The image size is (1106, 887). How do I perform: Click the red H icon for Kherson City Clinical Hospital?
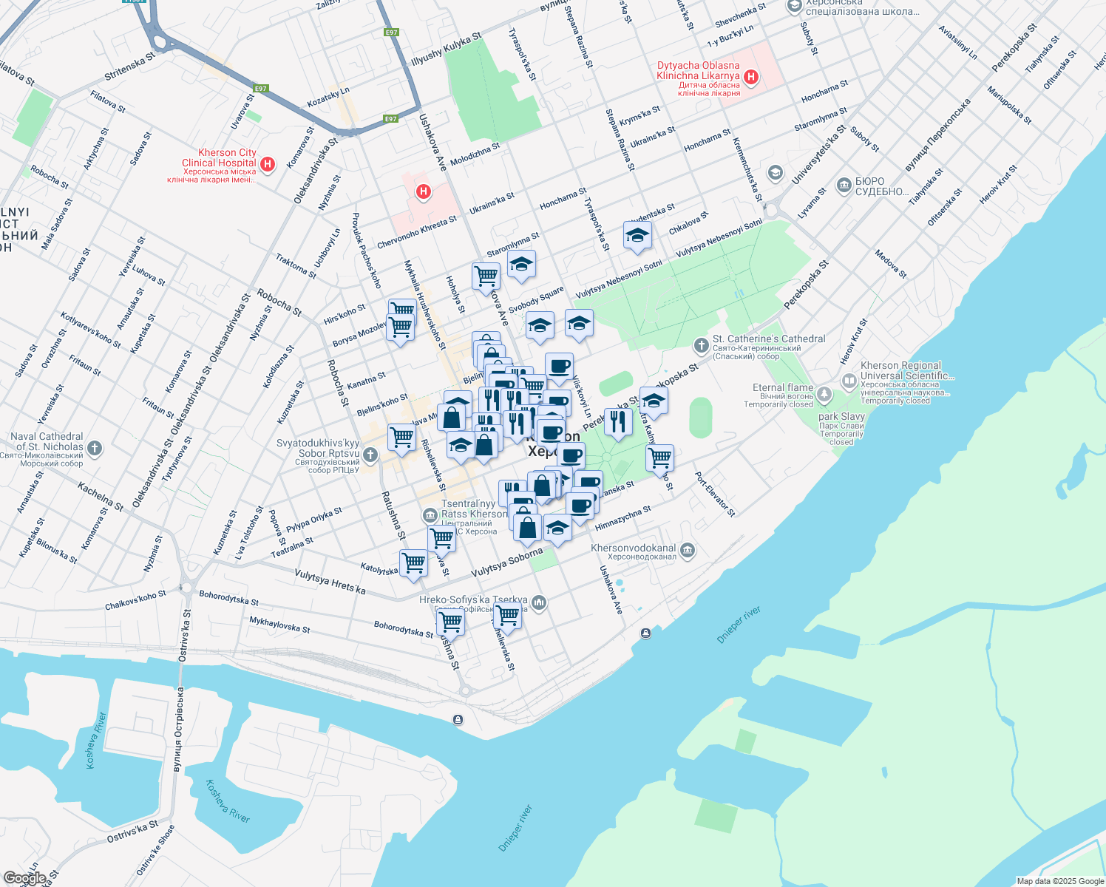click(268, 164)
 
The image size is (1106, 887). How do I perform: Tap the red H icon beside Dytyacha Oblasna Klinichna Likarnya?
click(751, 77)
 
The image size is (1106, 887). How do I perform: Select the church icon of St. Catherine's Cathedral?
click(701, 345)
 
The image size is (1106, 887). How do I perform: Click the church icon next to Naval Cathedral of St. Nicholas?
click(94, 447)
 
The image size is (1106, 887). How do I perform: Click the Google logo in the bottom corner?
click(24, 878)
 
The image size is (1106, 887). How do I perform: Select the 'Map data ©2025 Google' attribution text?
click(1060, 881)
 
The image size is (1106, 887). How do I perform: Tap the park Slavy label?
click(841, 417)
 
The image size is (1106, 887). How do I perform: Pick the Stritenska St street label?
click(129, 66)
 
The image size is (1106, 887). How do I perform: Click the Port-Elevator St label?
click(715, 495)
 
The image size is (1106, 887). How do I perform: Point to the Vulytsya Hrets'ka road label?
click(330, 582)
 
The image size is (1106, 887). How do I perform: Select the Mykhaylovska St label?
click(279, 625)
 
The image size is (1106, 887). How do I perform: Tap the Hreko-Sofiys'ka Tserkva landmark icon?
click(540, 603)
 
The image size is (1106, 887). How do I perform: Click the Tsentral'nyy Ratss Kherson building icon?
click(430, 514)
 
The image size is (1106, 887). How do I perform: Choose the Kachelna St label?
click(101, 496)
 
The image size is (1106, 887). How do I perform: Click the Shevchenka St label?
click(740, 17)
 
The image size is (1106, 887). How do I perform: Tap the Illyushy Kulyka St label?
click(446, 49)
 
